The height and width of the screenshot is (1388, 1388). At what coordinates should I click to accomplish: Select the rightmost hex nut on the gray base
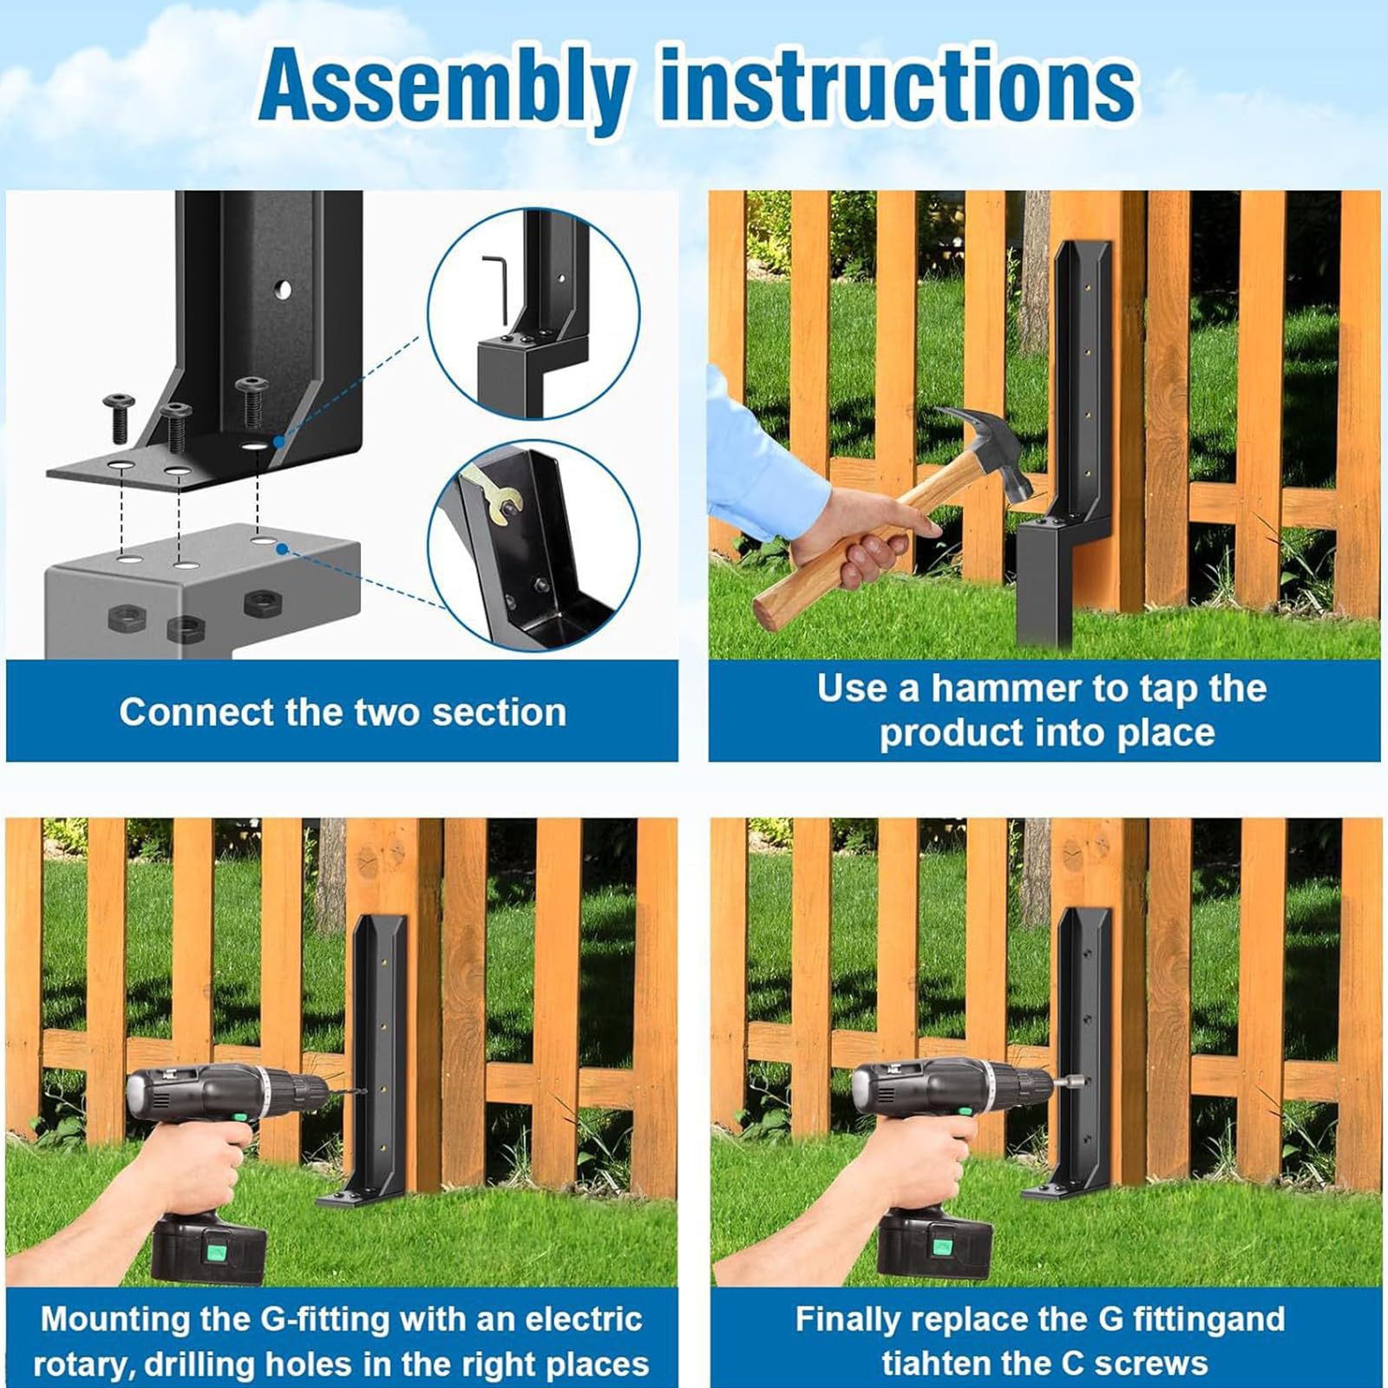[259, 603]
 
